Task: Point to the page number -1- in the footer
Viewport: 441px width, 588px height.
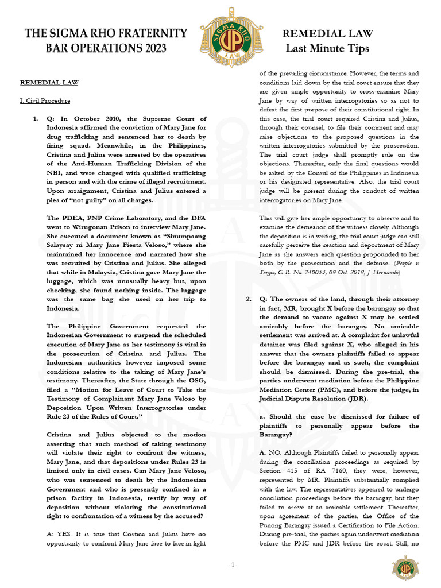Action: [233, 565]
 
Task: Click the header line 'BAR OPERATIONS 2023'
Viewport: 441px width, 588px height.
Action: [106, 48]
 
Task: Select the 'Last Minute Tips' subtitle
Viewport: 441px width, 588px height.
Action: [327, 48]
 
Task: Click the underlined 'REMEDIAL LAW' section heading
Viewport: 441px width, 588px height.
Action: [49, 83]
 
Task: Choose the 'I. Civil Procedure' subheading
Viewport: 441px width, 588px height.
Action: [45, 101]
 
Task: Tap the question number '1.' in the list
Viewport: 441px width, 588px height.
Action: [36, 119]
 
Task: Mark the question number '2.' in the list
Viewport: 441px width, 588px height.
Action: [249, 299]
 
